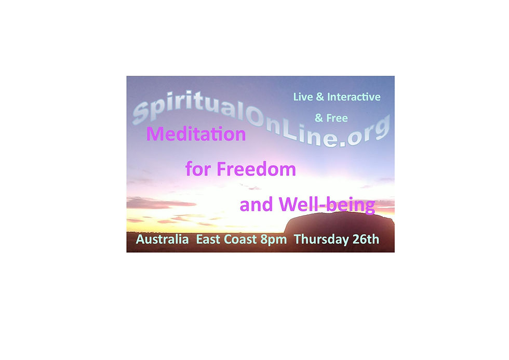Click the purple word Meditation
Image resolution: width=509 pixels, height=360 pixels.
pos(196,135)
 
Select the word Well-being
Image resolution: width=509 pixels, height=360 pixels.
pos(327,205)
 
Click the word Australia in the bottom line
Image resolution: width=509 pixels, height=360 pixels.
pos(162,240)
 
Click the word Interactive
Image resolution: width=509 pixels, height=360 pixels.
pos(353,97)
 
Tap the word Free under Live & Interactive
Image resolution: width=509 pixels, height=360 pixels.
pos(337,118)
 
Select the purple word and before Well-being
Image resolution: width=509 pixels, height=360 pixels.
pos(257,205)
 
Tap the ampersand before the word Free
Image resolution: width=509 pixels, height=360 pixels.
pos(319,118)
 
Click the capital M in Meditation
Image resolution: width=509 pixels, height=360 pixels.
pos(155,135)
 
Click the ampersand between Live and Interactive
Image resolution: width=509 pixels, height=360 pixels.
pos(319,97)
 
